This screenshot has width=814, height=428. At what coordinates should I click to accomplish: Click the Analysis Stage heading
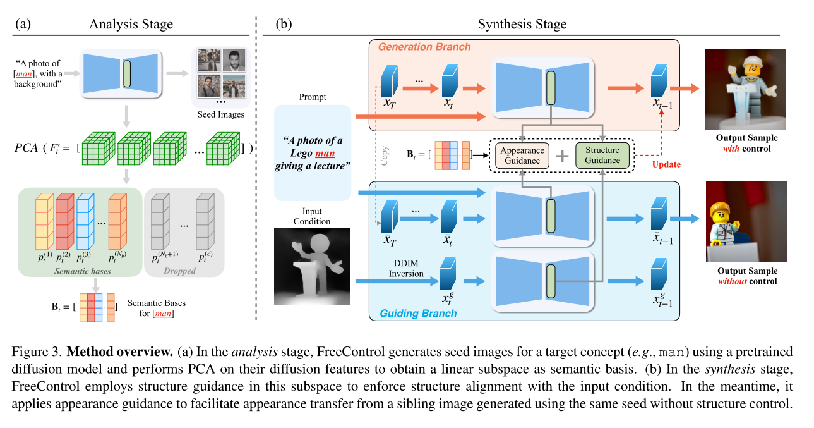pyautogui.click(x=131, y=25)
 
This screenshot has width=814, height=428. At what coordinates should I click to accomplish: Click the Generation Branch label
pyautogui.click(x=424, y=47)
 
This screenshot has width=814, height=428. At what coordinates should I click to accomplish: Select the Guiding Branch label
pyautogui.click(x=418, y=313)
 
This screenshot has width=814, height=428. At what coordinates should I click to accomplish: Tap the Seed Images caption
pyautogui.click(x=221, y=114)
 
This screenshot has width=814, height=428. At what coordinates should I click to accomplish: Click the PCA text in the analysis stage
pyautogui.click(x=28, y=149)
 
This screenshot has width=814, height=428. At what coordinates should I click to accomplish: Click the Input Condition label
pyautogui.click(x=312, y=217)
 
